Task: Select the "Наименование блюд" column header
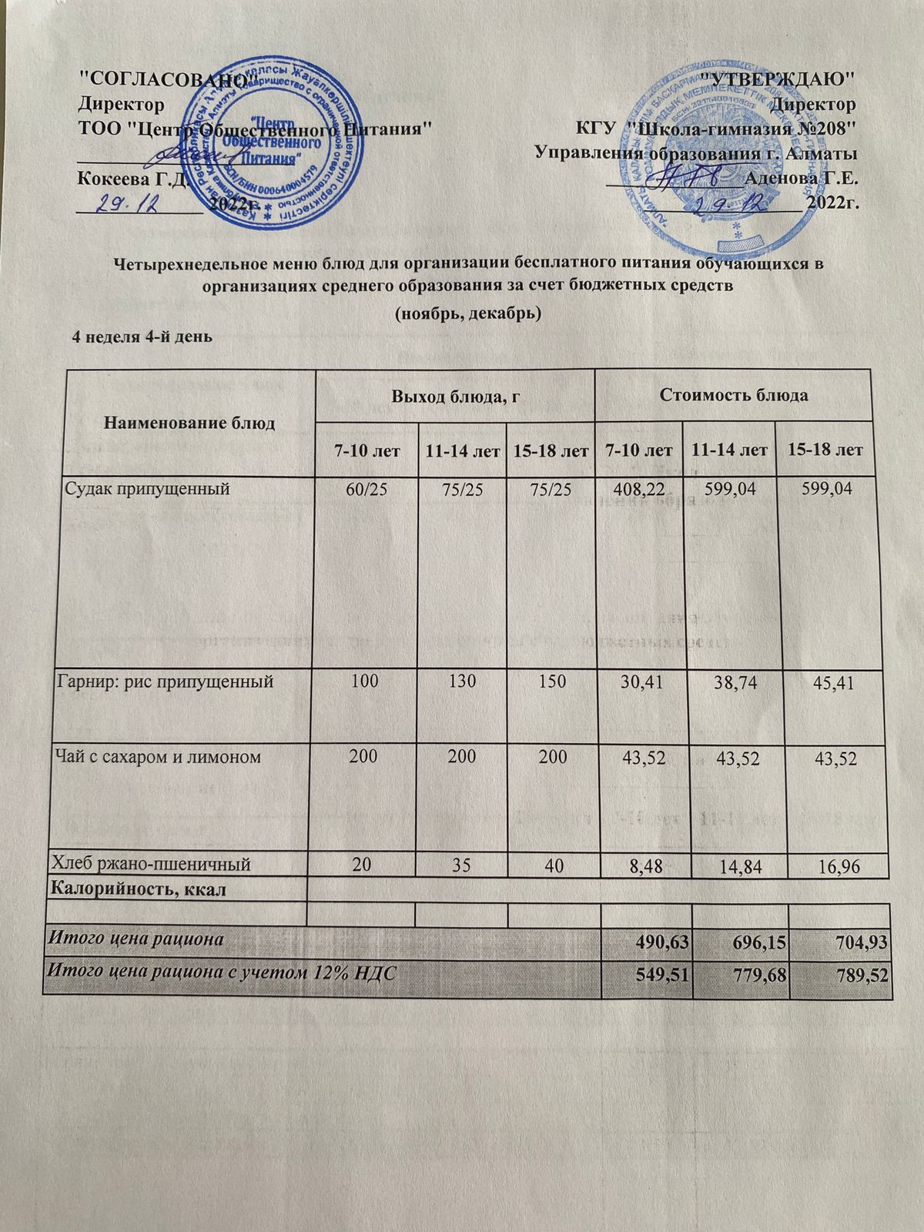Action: (189, 423)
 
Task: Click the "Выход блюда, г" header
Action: (454, 396)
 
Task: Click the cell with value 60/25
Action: (367, 488)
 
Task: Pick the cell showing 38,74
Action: (726, 683)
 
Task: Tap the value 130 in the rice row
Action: (460, 681)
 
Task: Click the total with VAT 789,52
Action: (851, 976)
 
